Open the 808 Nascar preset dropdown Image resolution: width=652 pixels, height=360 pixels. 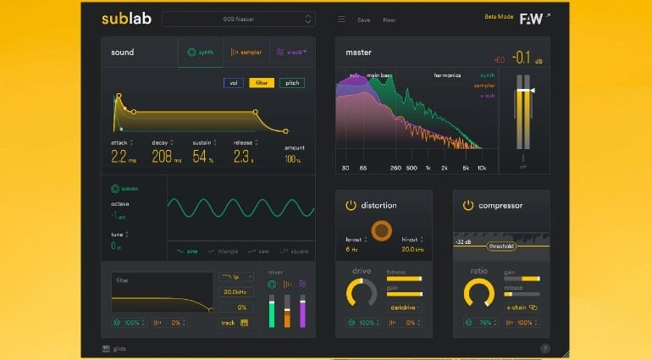tap(238, 19)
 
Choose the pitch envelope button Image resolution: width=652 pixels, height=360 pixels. tap(291, 83)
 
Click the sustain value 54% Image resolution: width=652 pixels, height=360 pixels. tap(202, 157)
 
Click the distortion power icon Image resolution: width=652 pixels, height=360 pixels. tap(351, 205)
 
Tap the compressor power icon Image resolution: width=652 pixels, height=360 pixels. tap(467, 205)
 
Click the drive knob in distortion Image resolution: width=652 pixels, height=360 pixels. tap(362, 293)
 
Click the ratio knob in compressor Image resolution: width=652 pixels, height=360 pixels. tap(479, 293)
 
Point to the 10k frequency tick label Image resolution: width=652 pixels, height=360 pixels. tap(482, 169)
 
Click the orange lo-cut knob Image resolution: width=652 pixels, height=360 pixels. tap(382, 230)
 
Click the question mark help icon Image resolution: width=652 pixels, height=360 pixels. tap(544, 348)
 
